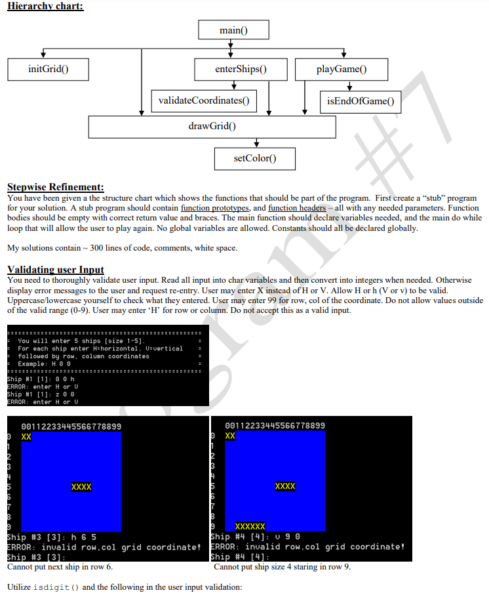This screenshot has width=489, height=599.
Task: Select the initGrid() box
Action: (49, 69)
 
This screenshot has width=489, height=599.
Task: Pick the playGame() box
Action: (342, 69)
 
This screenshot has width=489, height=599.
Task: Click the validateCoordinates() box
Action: (204, 100)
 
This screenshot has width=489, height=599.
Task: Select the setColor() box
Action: (255, 158)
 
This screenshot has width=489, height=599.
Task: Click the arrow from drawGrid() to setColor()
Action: (256, 143)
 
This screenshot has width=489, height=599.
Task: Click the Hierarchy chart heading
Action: (45, 7)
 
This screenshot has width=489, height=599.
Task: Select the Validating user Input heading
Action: (55, 270)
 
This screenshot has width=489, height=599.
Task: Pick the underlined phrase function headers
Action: (296, 207)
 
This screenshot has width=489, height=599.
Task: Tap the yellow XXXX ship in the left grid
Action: (81, 487)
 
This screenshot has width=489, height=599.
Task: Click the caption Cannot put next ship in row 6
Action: (60, 566)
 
